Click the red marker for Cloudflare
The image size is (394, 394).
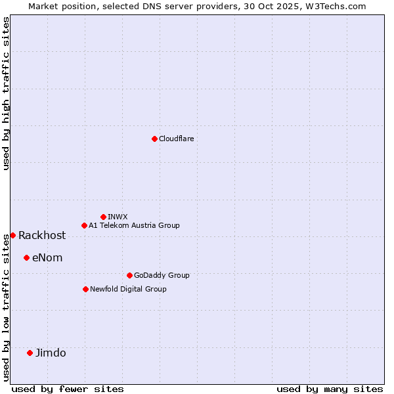click(154, 139)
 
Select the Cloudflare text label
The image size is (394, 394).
click(176, 139)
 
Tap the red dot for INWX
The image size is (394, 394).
click(103, 217)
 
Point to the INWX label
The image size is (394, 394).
click(118, 217)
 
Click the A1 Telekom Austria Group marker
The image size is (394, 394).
click(84, 225)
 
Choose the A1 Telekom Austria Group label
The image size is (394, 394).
click(134, 225)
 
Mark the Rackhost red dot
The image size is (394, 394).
click(12, 235)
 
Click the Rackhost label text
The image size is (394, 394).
click(42, 236)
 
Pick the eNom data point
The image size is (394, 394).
click(26, 257)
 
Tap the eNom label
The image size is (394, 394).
click(47, 258)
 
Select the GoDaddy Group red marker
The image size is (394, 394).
click(129, 275)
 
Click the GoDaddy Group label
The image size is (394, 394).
click(162, 275)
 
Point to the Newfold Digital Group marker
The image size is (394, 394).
click(85, 289)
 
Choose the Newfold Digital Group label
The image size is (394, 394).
click(128, 289)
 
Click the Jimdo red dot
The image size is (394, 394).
click(30, 353)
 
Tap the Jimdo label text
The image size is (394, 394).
click(51, 353)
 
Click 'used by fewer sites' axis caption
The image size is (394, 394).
click(68, 389)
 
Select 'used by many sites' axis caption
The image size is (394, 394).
click(330, 389)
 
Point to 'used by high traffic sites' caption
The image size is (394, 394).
click(6, 93)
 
